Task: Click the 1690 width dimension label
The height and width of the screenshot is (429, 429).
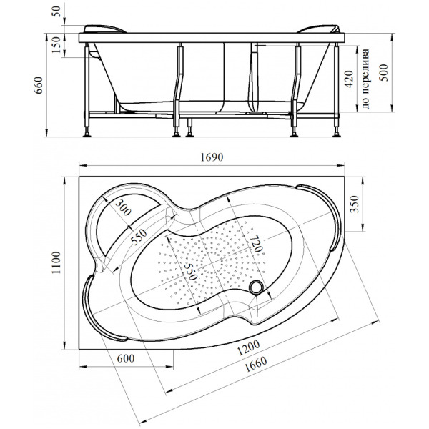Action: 212,157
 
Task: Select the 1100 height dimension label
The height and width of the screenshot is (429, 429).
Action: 56,262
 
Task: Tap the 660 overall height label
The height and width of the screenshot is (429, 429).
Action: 39,85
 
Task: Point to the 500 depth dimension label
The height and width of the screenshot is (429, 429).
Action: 383,72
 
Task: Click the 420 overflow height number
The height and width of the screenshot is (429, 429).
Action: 349,79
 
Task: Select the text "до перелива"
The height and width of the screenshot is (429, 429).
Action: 365,79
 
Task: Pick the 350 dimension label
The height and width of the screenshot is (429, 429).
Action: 355,204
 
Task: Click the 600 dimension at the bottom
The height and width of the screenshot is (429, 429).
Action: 126,358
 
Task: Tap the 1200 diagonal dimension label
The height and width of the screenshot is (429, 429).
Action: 248,347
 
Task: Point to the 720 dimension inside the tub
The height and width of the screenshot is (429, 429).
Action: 255,243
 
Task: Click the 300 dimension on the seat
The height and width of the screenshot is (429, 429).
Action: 123,207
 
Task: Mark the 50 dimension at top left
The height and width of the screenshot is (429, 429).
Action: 57,11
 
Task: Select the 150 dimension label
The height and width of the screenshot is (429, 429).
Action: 56,44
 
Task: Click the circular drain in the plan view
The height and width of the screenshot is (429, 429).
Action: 257,287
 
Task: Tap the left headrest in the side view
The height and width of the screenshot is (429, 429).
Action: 104,29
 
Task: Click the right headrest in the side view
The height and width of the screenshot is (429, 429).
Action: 319,29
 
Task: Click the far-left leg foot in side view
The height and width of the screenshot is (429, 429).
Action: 87,134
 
